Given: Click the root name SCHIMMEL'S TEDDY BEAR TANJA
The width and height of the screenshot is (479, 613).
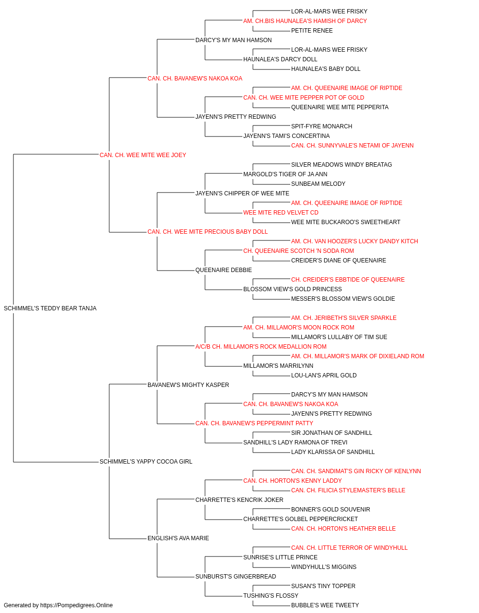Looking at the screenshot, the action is (50, 308).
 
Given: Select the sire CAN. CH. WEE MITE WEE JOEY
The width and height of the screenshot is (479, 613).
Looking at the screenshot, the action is (143, 155).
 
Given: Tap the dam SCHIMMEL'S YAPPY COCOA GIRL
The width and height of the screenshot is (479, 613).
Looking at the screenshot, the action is (146, 462).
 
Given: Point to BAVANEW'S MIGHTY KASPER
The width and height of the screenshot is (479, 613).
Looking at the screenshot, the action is (188, 385).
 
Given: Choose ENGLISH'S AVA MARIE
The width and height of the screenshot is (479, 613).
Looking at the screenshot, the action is (178, 538).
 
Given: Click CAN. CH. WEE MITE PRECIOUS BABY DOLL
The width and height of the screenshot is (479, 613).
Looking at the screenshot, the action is (207, 232).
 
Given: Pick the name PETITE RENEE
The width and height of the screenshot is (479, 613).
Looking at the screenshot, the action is (312, 31).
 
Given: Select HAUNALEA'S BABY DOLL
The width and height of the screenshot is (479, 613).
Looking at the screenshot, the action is (326, 69).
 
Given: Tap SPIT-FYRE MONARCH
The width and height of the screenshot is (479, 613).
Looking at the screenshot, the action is (321, 126).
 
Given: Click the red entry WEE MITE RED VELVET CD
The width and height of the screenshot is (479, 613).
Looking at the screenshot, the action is (281, 213).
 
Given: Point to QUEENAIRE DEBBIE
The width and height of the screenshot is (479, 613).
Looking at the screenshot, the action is (223, 270).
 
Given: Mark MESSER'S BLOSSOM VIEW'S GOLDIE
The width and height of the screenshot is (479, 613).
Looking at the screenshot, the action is (343, 298).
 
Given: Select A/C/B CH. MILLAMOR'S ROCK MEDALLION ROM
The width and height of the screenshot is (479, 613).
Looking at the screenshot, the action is (261, 346).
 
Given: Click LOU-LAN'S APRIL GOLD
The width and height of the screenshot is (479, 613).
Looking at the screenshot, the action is (324, 375).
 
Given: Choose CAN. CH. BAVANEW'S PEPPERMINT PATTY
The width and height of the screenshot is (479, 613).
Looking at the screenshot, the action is (254, 423).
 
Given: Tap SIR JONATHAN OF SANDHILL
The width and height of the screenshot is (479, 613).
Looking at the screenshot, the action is (331, 433).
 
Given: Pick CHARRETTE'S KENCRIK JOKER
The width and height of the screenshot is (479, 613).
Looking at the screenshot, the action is (239, 500).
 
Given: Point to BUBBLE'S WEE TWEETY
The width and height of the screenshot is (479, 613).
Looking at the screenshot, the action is (325, 605).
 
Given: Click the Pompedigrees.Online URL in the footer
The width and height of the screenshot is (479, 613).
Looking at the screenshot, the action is (76, 605).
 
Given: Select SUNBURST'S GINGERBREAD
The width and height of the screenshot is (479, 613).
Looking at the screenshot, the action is (236, 576).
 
